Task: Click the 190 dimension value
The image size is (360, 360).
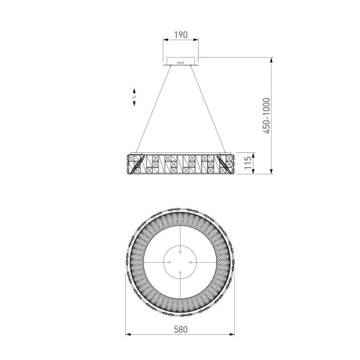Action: point(181,35)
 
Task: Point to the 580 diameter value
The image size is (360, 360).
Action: point(181,329)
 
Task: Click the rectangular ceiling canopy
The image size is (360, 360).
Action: point(181,61)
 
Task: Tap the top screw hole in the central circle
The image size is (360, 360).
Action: point(181,253)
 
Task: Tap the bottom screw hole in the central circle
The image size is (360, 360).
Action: point(181,272)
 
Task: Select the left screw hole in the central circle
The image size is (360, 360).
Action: point(171,262)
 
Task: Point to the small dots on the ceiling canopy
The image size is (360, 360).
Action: point(181,61)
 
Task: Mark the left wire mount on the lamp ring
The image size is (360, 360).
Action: point(139,151)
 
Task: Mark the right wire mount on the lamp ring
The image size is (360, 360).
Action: point(223,151)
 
